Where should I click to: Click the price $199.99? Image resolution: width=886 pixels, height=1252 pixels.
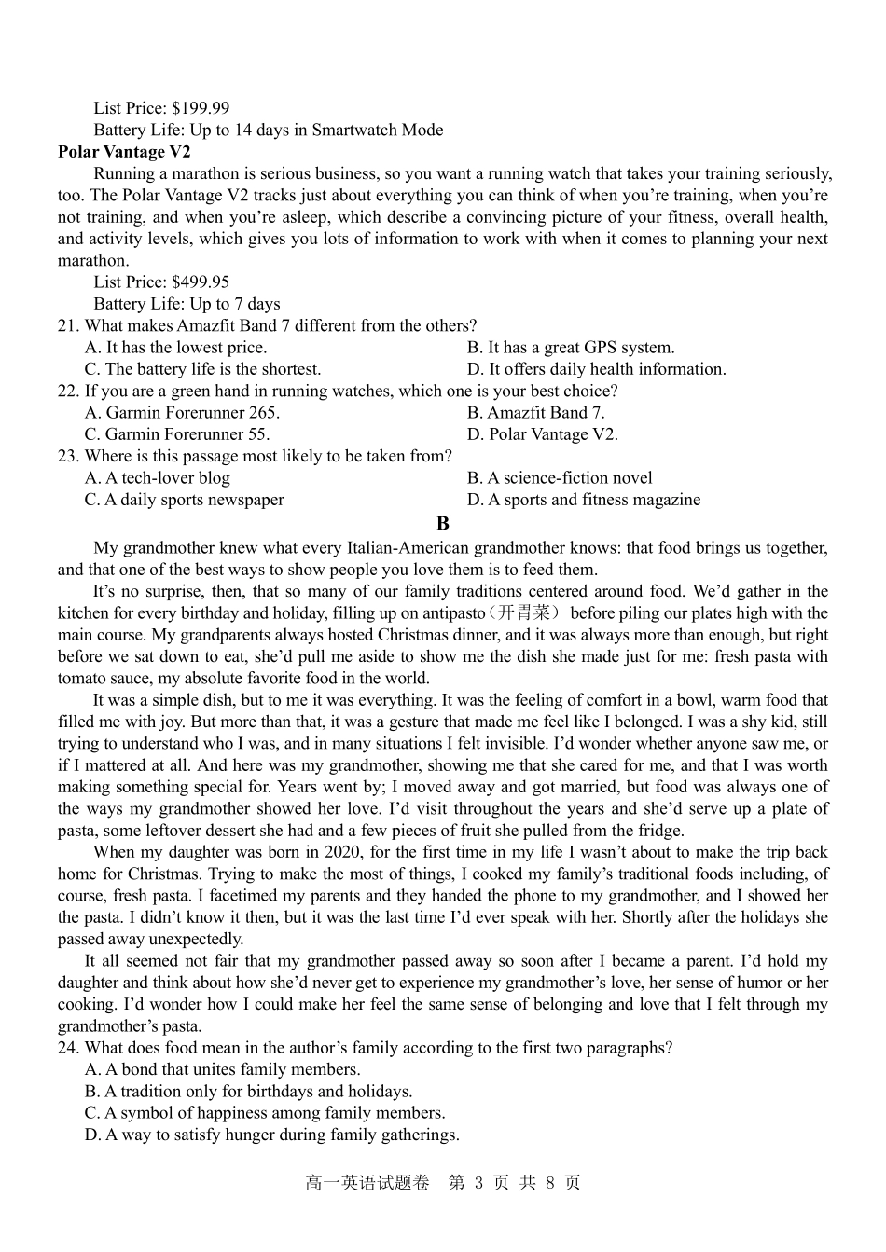point(201,108)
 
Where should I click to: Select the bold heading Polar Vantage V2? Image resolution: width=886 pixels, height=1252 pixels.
point(124,152)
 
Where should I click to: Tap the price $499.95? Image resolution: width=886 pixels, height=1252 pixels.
point(201,282)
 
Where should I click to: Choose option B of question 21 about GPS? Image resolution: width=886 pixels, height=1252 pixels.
point(570,347)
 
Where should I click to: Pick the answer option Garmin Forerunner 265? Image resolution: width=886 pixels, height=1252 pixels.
point(182,412)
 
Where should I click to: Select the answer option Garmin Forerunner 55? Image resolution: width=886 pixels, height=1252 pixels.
point(177,434)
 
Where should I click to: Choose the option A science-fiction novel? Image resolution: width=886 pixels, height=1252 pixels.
point(560,477)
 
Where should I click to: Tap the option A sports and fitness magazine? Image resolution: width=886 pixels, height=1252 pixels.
point(583,500)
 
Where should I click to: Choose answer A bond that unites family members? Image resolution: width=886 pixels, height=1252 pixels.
point(222,1069)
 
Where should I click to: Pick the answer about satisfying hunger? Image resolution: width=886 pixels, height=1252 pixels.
point(271,1135)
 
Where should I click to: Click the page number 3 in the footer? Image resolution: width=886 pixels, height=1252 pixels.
point(478,1183)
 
